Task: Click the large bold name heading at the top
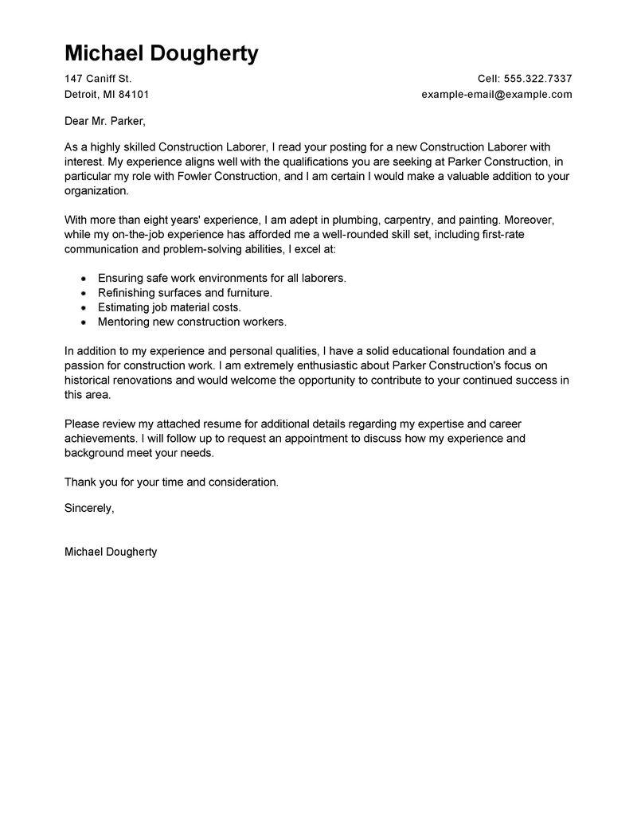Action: [x=161, y=53]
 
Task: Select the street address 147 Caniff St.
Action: [x=98, y=79]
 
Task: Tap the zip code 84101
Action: [x=135, y=94]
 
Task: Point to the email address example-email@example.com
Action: [x=497, y=94]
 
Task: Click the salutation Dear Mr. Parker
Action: [x=106, y=121]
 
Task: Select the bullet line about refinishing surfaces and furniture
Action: [x=185, y=292]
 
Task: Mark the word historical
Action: [x=92, y=380]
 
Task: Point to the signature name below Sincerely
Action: [x=111, y=552]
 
